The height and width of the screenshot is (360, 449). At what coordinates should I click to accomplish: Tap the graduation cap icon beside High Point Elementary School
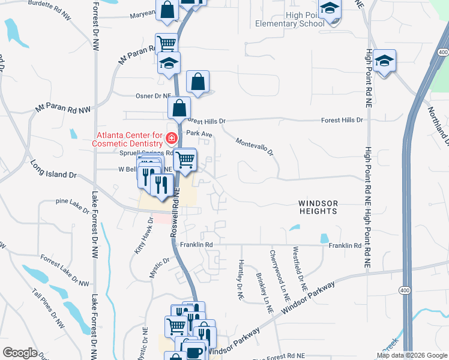tap(330, 10)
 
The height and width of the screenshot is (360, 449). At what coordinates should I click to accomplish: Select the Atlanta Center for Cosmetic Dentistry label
tap(127, 139)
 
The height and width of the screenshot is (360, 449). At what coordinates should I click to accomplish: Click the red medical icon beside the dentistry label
tap(172, 139)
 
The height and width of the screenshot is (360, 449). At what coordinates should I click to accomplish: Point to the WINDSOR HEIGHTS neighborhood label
tap(318, 208)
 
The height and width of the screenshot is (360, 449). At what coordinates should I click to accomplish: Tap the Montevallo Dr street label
tap(255, 145)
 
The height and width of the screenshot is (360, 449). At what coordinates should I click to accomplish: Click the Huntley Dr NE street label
tap(241, 280)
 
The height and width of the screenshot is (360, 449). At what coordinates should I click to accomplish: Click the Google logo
tap(20, 352)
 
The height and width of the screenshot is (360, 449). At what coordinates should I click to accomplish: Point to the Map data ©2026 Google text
tap(411, 355)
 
